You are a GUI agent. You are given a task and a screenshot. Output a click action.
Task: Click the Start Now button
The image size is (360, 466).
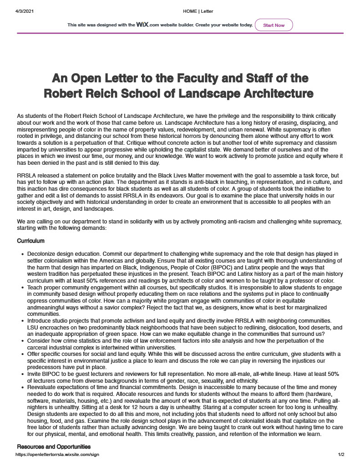pos(274,25)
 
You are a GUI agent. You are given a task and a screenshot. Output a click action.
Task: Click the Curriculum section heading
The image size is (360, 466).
pos(30,240)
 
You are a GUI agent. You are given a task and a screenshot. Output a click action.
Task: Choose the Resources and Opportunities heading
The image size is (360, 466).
pos(54,446)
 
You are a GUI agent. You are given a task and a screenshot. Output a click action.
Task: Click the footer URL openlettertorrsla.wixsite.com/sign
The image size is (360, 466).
pos(57,454)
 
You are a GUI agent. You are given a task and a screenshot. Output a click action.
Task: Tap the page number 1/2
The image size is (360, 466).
pos(341,454)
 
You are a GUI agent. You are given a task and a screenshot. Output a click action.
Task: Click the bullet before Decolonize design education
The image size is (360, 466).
pos(23,253)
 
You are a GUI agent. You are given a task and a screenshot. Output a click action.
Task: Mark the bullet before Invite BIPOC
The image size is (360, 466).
pos(23,374)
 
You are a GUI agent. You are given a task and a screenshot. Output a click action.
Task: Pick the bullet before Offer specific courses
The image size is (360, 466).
pos(23,354)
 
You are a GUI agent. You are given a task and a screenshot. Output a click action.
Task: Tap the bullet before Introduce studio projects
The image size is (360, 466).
pos(23,321)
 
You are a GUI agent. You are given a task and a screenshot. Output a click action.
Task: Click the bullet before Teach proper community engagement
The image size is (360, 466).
pos(23,288)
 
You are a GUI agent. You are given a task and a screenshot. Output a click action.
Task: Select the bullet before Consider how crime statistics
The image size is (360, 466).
pos(23,340)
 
